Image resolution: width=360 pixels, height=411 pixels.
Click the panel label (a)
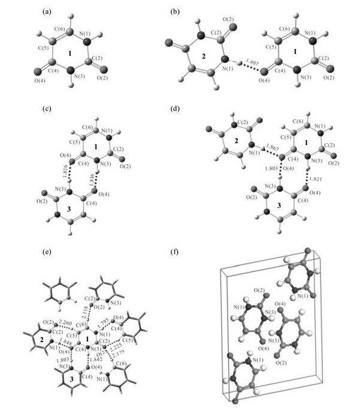45,12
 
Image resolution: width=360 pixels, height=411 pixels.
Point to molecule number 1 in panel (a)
71,53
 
